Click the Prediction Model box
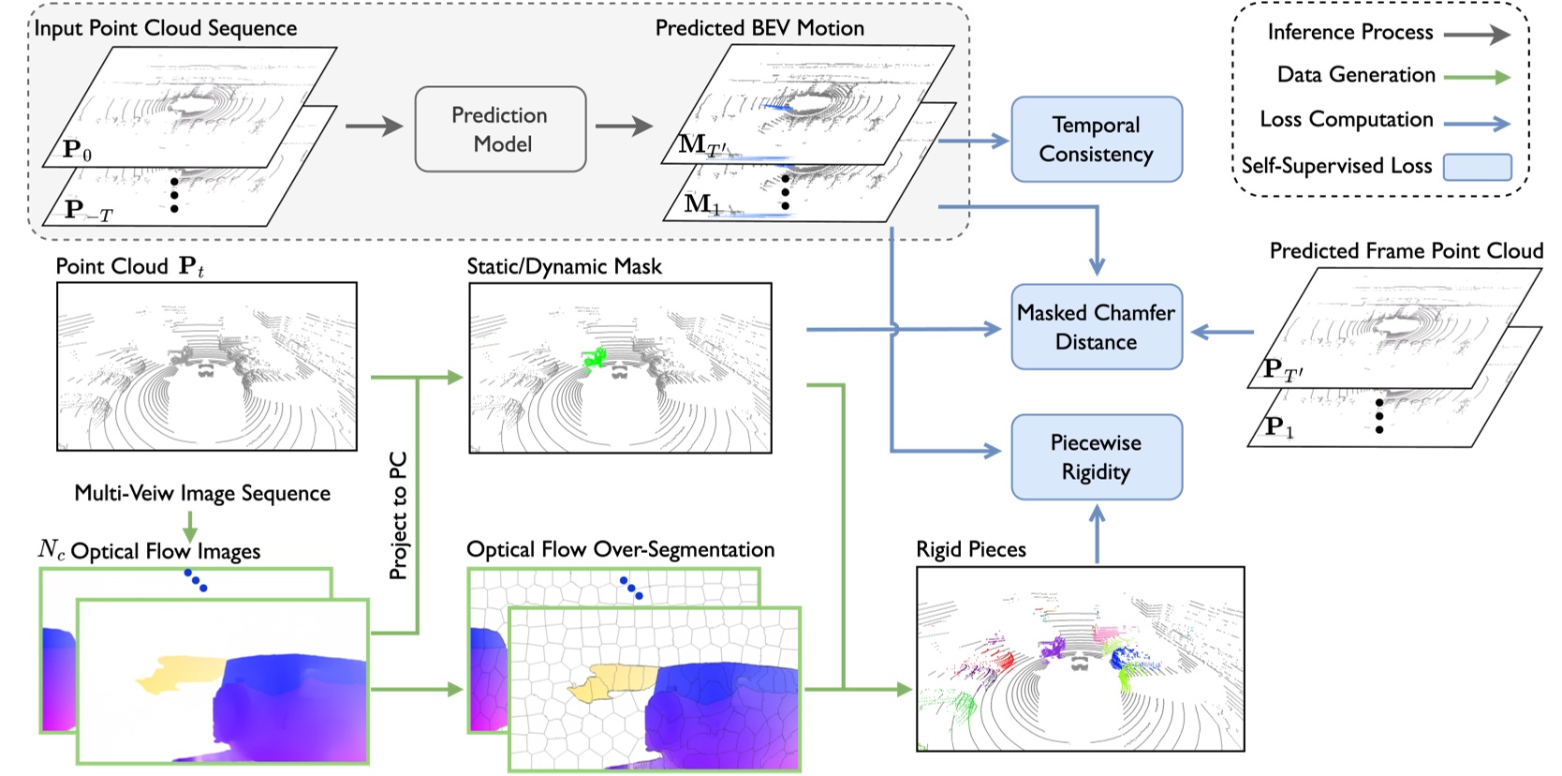500,129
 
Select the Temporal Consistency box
1097,140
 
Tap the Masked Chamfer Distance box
1097,326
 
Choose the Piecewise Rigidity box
1097,457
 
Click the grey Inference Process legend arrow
1476,34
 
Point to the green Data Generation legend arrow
1476,77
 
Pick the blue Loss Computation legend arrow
1476,124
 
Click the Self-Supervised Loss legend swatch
1478,167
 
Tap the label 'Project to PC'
398,515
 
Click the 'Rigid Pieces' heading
971,550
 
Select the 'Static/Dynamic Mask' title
564,266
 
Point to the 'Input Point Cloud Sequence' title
165,28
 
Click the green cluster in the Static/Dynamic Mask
595,359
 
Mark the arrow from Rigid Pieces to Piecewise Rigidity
1097,534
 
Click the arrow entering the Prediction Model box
375,127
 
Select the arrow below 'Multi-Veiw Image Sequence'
190,526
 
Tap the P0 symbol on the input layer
77,149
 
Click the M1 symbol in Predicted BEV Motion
701,203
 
